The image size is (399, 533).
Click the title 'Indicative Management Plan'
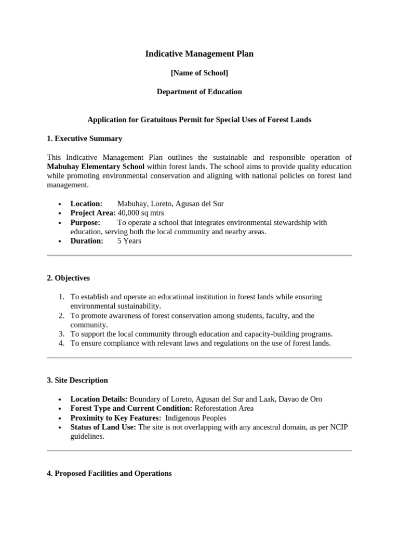pyautogui.click(x=199, y=54)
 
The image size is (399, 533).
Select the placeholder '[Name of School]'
pyautogui.click(x=199, y=73)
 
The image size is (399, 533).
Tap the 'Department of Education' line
pyautogui.click(x=199, y=92)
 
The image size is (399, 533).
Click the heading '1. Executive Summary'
pyautogui.click(x=84, y=138)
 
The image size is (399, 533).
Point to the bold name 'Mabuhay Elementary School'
pyautogui.click(x=96, y=167)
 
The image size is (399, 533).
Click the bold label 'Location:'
pyautogui.click(x=86, y=204)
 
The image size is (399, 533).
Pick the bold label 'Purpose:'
pyautogui.click(x=85, y=222)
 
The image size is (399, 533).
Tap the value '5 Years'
pyautogui.click(x=129, y=241)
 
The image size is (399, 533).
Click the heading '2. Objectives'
pyautogui.click(x=68, y=278)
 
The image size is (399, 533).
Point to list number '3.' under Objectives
pyautogui.click(x=61, y=334)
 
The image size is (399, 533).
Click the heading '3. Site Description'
pyautogui.click(x=77, y=380)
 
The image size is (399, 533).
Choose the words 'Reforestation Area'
pyautogui.click(x=224, y=409)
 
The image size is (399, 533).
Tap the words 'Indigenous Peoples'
pyautogui.click(x=196, y=418)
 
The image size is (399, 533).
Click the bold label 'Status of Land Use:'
pyautogui.click(x=103, y=427)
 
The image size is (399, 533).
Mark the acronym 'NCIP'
pyautogui.click(x=338, y=427)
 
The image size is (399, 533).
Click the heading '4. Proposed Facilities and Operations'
pyautogui.click(x=109, y=473)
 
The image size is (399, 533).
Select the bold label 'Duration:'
pyautogui.click(x=87, y=241)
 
